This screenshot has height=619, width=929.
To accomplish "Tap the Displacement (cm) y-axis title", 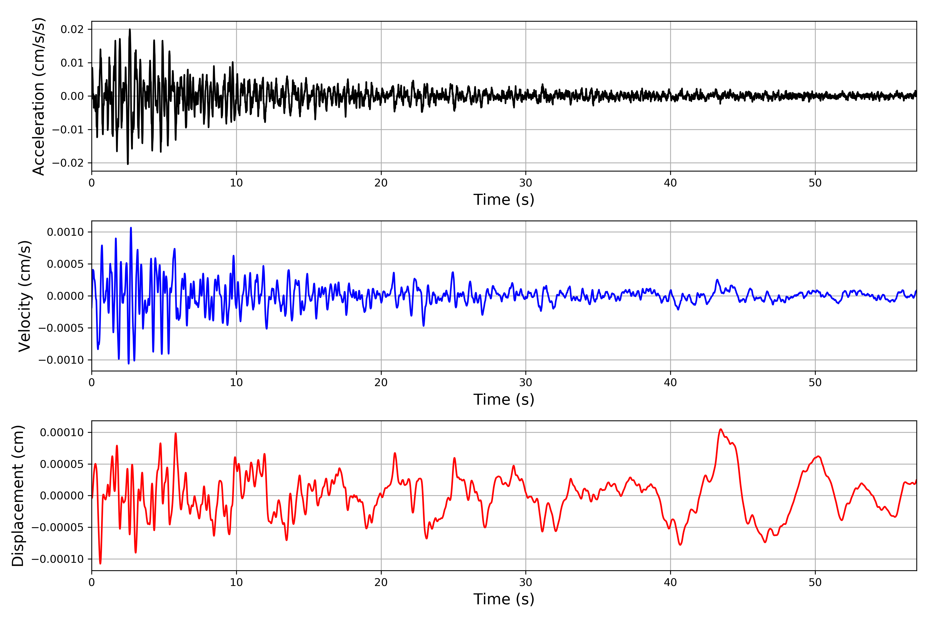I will click(18, 495).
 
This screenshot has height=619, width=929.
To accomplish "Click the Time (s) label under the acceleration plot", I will click(504, 200).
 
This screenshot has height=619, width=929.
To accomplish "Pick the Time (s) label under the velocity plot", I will click(504, 400).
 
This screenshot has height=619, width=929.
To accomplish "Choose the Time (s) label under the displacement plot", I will click(504, 599).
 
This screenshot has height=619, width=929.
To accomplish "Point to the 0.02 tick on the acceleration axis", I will click(72, 29).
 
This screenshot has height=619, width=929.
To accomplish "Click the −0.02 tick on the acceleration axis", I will click(68, 163).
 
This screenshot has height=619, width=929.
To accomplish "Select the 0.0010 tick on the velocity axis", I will click(65, 232).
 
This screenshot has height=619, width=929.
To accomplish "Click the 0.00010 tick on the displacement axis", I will click(62, 432).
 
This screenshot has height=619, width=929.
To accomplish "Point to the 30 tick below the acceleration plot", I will click(526, 183).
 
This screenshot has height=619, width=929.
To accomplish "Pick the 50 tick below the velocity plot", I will click(815, 382).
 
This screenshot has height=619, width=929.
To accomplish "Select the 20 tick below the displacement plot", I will click(381, 582).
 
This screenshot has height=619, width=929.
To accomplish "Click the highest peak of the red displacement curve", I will click(721, 429).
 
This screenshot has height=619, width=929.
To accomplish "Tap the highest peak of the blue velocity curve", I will click(131, 228).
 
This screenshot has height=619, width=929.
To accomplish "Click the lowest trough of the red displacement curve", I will click(100, 563).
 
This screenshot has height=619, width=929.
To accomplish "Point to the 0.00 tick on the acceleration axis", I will click(72, 96).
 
